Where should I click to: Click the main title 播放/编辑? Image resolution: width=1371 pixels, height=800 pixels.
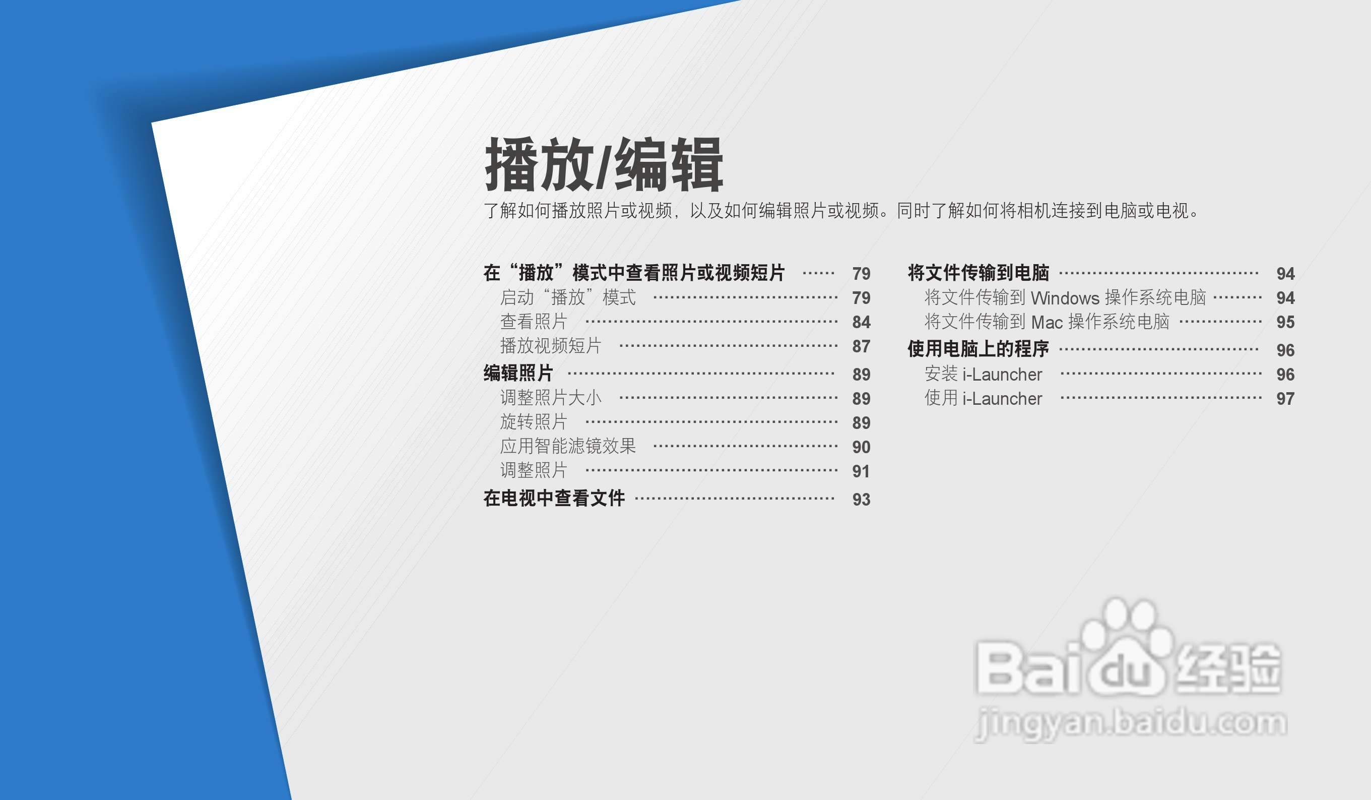point(604,164)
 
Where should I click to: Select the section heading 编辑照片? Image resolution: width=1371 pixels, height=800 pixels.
point(518,374)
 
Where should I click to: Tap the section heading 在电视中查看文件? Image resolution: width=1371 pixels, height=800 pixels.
point(554,498)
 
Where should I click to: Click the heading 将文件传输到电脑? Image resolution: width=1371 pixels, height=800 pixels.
point(978,273)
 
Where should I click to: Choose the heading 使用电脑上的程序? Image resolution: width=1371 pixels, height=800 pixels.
point(978,349)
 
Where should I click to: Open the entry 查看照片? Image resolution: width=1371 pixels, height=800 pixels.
point(534,322)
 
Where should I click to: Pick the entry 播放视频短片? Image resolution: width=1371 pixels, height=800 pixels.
point(551,346)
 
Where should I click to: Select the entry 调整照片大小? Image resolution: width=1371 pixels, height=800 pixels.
point(551,398)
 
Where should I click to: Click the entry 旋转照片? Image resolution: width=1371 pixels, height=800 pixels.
point(534,422)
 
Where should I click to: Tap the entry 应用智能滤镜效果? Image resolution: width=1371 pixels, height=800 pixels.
point(568,446)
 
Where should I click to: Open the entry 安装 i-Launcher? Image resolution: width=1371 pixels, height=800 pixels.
point(983,374)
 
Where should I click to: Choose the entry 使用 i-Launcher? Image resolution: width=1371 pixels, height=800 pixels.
point(983,398)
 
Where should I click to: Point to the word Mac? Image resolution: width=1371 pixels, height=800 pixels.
point(1047,322)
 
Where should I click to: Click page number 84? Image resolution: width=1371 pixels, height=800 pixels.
point(861,322)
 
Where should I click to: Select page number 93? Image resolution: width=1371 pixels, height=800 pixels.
point(861,500)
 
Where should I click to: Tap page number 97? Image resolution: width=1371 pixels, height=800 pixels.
point(1285,399)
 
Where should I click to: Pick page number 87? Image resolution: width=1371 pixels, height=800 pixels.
point(861,347)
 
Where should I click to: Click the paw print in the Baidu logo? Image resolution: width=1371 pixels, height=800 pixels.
point(1126,645)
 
